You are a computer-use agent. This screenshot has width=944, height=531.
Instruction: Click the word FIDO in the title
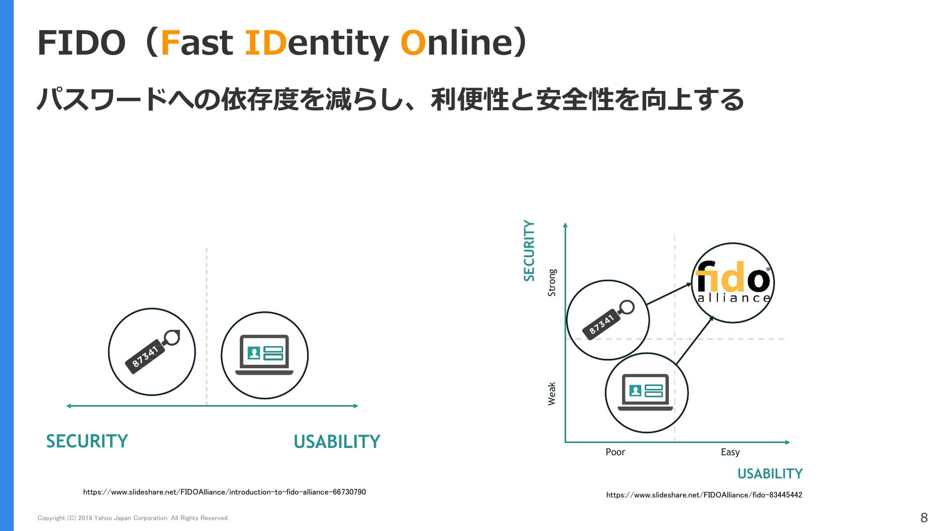click(82, 42)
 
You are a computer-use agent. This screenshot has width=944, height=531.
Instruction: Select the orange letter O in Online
click(413, 42)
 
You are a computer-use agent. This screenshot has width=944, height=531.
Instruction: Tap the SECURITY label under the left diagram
click(87, 441)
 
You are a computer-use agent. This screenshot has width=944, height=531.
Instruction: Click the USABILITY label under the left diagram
click(337, 441)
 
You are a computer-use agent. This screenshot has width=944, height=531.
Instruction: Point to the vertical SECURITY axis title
click(529, 250)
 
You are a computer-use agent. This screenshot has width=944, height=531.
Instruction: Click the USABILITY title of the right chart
click(770, 473)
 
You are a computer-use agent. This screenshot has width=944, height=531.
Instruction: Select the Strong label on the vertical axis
click(552, 282)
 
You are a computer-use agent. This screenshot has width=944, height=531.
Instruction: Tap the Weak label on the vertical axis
click(552, 394)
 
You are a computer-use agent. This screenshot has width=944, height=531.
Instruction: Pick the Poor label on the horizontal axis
click(615, 452)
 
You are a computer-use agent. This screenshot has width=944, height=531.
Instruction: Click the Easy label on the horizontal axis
click(730, 452)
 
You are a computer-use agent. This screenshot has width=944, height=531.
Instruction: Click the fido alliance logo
click(733, 282)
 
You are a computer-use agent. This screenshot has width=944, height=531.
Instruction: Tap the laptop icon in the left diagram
click(265, 355)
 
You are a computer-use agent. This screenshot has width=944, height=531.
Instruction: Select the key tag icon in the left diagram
click(152, 352)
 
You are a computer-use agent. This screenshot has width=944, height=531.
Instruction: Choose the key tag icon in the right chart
click(608, 320)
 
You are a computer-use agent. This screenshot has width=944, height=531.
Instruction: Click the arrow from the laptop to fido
click(695, 341)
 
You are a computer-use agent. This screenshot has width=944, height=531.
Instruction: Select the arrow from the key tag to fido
click(670, 294)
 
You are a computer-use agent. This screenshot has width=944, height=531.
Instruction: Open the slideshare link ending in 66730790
click(224, 492)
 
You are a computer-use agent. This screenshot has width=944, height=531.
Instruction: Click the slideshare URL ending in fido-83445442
click(704, 495)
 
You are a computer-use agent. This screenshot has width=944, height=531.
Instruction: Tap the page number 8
click(924, 517)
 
